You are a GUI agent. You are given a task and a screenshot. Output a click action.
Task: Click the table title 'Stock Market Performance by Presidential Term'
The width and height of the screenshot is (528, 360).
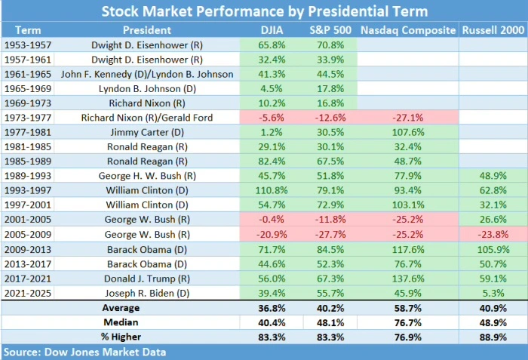264,11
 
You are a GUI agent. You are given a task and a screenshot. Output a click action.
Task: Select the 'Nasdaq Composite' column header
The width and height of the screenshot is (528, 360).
408,30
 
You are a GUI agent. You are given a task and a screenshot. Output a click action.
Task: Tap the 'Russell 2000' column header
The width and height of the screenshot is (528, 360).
493,30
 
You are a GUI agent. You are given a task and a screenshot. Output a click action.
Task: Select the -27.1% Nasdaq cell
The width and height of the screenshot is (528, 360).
408,117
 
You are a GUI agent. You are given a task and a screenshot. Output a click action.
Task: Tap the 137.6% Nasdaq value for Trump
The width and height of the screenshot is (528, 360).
408,277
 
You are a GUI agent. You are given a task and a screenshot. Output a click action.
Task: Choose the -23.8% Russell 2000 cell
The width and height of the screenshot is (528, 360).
493,233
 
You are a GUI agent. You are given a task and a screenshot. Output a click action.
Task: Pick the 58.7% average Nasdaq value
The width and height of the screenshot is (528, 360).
408,307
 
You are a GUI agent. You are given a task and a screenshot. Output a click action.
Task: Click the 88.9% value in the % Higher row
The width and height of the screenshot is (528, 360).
493,336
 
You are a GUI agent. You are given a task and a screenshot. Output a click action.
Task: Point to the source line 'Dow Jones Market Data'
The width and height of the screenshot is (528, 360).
84,352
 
